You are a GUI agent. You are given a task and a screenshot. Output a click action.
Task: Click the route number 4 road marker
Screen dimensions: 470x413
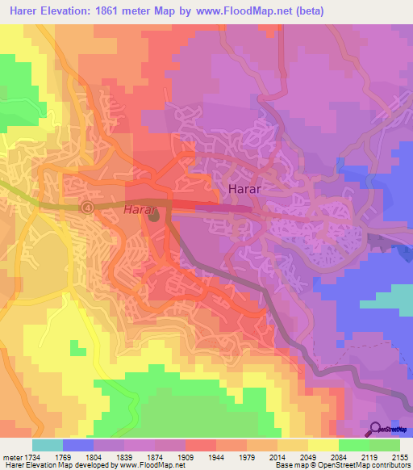pos(87,208)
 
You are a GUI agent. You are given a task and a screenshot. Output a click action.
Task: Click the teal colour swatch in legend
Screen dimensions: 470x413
pos(47,445)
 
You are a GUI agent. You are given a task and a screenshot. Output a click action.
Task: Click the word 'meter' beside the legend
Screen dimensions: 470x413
pos(10,457)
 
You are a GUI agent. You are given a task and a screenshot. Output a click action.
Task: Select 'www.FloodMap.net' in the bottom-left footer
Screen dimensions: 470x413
pos(151,466)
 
